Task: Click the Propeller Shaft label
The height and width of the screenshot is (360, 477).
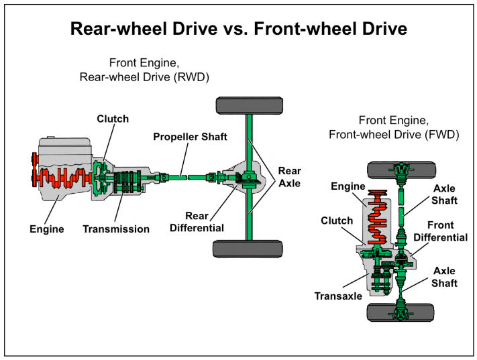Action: pyautogui.click(x=190, y=137)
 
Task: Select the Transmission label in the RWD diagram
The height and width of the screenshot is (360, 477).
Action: pyautogui.click(x=116, y=229)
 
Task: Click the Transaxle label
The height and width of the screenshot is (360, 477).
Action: pyautogui.click(x=337, y=294)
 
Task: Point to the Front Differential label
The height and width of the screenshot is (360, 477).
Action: pyautogui.click(x=439, y=231)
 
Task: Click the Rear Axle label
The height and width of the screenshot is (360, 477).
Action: pyautogui.click(x=290, y=177)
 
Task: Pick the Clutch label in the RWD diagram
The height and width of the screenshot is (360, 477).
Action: pyautogui.click(x=112, y=119)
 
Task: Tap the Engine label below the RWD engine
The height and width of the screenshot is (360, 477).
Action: pyautogui.click(x=47, y=229)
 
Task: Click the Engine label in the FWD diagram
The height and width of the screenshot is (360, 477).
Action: pyautogui.click(x=348, y=187)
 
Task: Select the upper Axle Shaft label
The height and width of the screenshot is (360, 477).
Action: pyautogui.click(x=444, y=194)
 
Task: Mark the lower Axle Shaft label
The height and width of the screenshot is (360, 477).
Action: pyautogui.click(x=444, y=277)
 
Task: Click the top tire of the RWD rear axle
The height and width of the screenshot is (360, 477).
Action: pyautogui.click(x=247, y=105)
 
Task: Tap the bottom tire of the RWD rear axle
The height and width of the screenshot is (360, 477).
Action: pyautogui.click(x=247, y=249)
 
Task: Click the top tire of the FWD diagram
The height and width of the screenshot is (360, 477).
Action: pyautogui.click(x=401, y=169)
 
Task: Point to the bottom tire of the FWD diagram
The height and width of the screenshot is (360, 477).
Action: pyautogui.click(x=401, y=312)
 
